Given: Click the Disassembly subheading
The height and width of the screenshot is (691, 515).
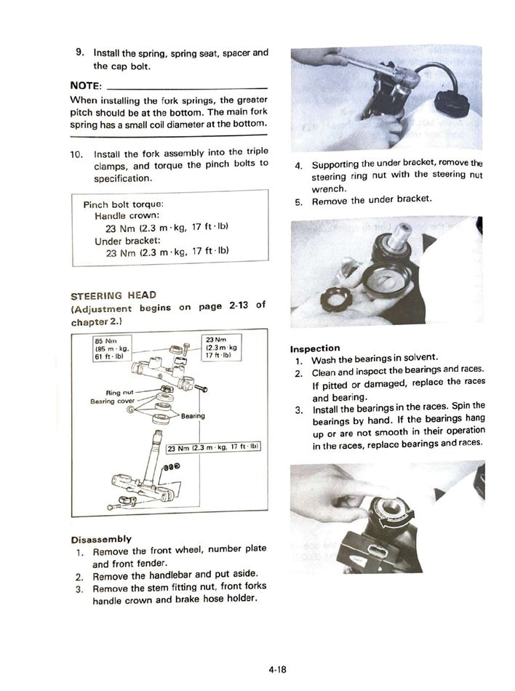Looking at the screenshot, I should tap(101, 539).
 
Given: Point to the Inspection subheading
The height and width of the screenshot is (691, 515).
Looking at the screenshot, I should tap(315, 348).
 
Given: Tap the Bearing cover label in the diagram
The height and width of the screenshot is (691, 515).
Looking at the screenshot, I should tap(112, 402).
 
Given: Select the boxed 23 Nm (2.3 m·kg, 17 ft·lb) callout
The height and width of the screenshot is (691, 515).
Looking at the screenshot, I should tap(213, 447).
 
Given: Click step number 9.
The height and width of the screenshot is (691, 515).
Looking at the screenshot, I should tap(79, 53).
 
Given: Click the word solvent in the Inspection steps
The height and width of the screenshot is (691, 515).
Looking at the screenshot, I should tap(420, 359).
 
